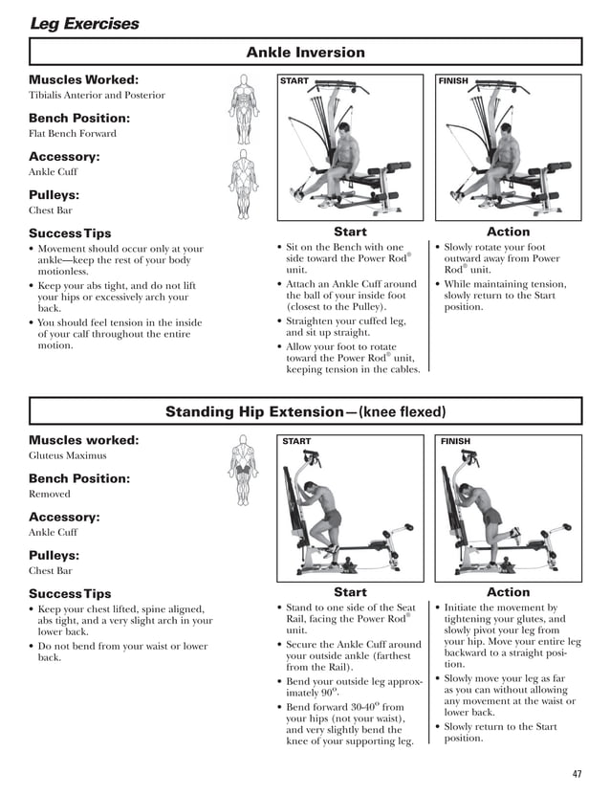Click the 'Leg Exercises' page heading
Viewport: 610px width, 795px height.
click(x=84, y=23)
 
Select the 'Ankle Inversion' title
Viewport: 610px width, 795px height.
click(x=305, y=52)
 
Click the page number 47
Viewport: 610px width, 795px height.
click(x=576, y=773)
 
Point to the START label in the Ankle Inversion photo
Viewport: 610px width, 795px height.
click(x=294, y=81)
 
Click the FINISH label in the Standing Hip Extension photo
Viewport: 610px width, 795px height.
click(x=455, y=442)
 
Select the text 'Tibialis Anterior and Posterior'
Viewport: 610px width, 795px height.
click(x=97, y=96)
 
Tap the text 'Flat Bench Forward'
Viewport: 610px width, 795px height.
click(x=73, y=134)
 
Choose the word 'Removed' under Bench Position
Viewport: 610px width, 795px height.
click(x=50, y=495)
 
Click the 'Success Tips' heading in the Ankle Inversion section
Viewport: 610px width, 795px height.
click(x=70, y=233)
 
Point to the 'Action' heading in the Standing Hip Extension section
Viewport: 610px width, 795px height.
click(x=508, y=592)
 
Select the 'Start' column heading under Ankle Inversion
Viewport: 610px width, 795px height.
click(x=350, y=232)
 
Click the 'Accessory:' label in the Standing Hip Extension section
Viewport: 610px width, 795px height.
click(x=64, y=517)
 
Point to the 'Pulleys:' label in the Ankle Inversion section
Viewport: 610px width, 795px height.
click(x=54, y=194)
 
